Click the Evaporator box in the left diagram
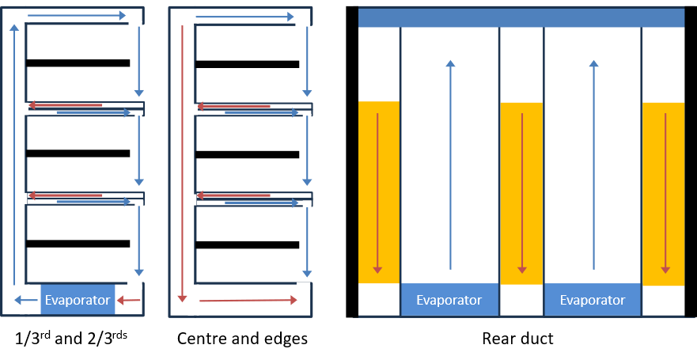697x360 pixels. [x=78, y=300]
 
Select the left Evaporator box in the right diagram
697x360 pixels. [x=449, y=300]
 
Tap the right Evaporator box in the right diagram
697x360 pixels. [x=593, y=300]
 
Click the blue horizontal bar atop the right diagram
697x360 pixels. [x=521, y=17]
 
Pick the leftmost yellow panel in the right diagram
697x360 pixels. [x=379, y=192]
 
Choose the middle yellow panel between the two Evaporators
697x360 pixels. [x=521, y=192]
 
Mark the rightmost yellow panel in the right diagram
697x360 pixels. [x=663, y=192]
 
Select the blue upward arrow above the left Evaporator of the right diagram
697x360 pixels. [x=450, y=166]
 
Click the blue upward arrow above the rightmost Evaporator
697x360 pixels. [x=593, y=166]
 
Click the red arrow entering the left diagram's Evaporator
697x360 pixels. [x=129, y=300]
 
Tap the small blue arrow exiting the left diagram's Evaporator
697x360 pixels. [x=20, y=300]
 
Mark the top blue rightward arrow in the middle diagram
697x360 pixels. [x=245, y=17]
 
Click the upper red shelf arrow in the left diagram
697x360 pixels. [x=66, y=105]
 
